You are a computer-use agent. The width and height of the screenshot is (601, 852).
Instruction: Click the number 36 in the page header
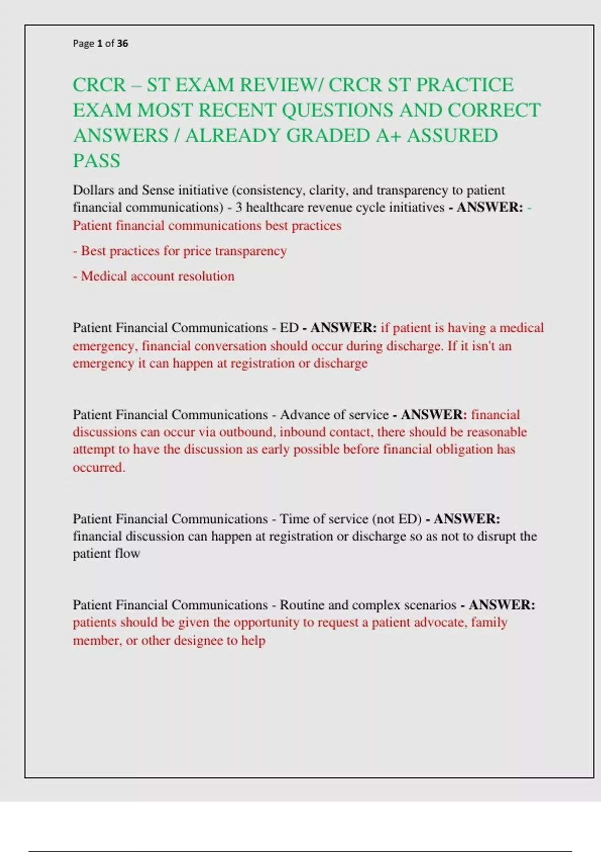pos(123,44)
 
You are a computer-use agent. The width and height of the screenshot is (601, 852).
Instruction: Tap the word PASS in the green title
pos(97,161)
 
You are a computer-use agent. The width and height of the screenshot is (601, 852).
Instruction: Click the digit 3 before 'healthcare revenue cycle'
pos(239,207)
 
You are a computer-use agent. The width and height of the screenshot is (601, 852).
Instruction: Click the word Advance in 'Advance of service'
pos(303,415)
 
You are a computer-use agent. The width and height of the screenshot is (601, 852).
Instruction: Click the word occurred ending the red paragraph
pos(98,467)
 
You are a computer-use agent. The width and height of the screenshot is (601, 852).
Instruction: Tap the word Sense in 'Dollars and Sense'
pos(158,190)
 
